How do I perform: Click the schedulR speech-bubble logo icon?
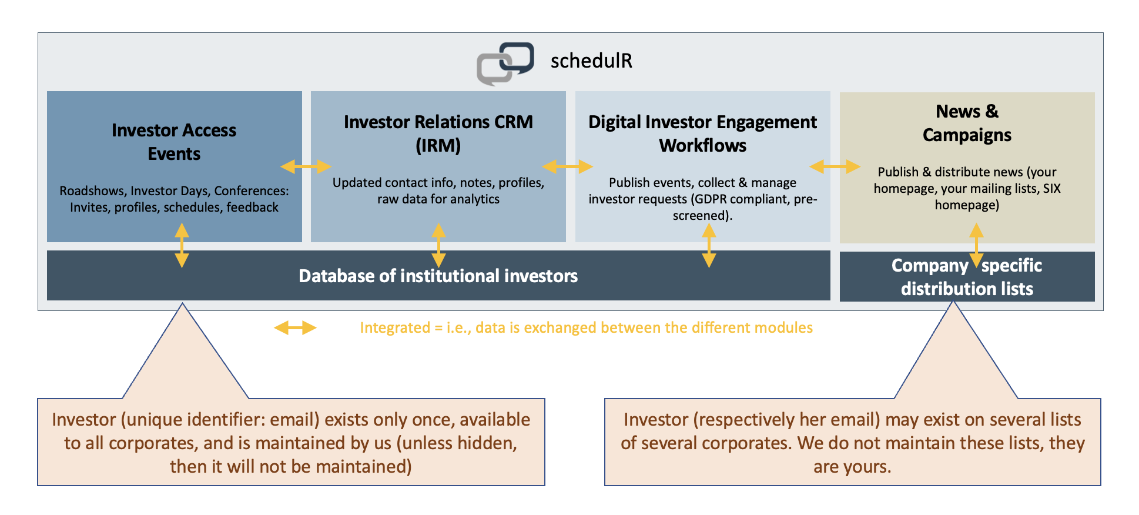point(505,63)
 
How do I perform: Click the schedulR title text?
point(591,61)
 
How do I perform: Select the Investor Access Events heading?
point(174,142)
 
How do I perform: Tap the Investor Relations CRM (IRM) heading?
point(438,133)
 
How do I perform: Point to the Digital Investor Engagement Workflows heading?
point(702,133)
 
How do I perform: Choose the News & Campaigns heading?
point(967,123)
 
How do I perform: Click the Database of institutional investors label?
point(438,276)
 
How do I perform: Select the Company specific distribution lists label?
point(967,277)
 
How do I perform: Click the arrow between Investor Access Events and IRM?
point(306,167)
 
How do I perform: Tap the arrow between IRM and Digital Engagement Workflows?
point(567,167)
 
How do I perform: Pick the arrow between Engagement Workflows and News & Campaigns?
point(835,167)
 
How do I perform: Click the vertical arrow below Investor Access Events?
point(182,245)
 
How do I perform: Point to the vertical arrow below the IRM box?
point(438,245)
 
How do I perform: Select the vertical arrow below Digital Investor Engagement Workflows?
point(709,245)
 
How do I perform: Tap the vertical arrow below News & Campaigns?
point(976,245)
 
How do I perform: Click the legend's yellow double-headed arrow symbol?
point(295,327)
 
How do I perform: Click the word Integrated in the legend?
point(395,327)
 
